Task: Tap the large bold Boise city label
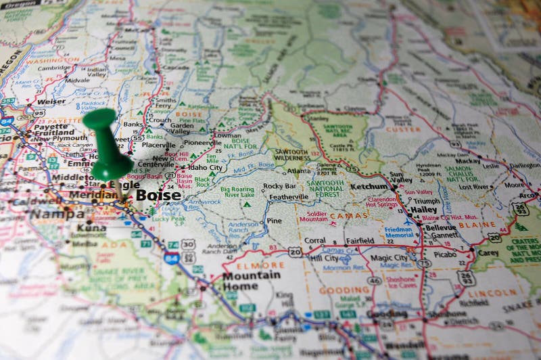coord(158,195)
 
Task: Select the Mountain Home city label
coord(251,280)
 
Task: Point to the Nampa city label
coord(57,215)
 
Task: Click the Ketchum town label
coord(369,186)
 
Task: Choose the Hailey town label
coord(423,210)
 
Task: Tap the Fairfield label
coord(360,240)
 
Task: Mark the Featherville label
coord(289,197)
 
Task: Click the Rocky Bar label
coord(279,186)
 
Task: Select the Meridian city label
coord(93,195)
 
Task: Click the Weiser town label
coord(52,102)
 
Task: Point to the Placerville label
coord(159,144)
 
